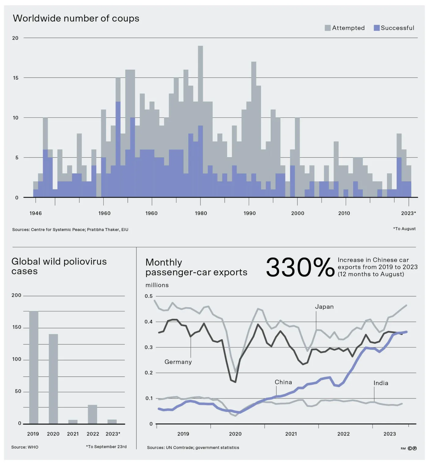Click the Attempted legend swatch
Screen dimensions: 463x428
click(328, 28)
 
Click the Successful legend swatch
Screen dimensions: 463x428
click(377, 28)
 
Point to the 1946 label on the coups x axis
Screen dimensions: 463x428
click(35, 213)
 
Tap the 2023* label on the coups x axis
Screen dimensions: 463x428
click(408, 213)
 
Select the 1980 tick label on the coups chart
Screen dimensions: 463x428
click(201, 213)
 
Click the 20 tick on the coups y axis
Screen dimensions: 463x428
click(15, 38)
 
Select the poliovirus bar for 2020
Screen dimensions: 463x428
click(53, 379)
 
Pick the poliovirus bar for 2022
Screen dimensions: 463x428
click(92, 414)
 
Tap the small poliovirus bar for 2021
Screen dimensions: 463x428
click(73, 422)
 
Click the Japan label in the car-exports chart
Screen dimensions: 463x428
click(324, 307)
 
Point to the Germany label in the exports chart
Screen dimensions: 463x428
click(178, 362)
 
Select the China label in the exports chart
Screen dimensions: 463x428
click(283, 382)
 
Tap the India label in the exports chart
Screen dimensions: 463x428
click(381, 383)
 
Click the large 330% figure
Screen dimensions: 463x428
click(300, 267)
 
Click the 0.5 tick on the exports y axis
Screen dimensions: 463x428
click(149, 296)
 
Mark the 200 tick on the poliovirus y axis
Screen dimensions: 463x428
click(17, 295)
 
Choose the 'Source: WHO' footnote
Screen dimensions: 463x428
click(25, 447)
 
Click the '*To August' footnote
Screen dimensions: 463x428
click(404, 229)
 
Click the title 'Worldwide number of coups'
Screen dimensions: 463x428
click(76, 18)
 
